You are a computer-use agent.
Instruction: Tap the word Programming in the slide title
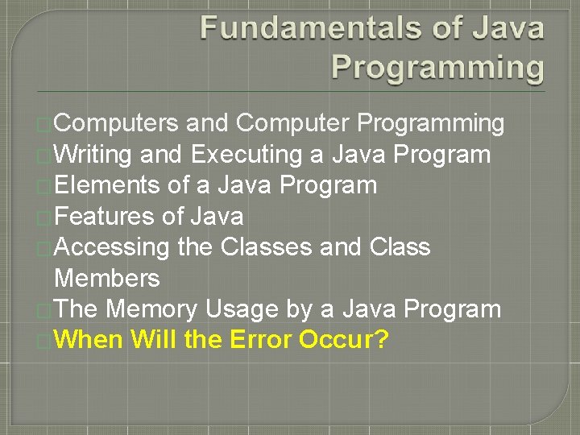tap(438, 66)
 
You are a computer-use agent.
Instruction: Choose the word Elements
tap(107, 185)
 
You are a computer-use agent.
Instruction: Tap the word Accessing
tap(112, 247)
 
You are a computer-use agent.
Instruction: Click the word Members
tap(106, 278)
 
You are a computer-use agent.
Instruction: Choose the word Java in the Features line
tap(217, 216)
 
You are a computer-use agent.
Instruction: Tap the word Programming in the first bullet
tap(431, 123)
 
